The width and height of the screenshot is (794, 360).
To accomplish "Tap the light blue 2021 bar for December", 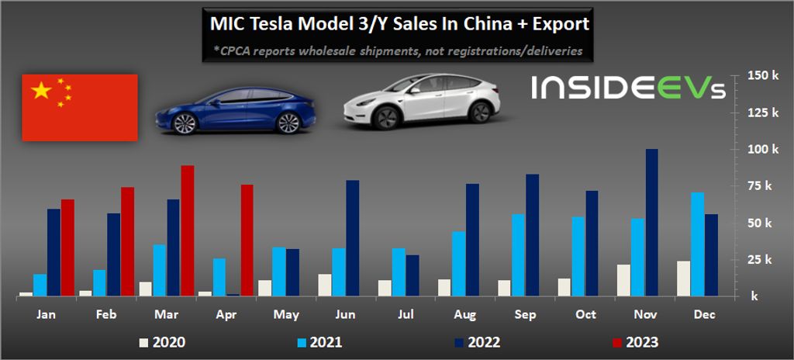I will click(x=697, y=244).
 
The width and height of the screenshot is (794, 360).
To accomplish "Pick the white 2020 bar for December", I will click(x=683, y=279).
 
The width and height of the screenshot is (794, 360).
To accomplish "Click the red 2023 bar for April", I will click(x=247, y=240).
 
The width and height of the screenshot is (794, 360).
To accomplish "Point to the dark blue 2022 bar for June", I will click(x=353, y=237).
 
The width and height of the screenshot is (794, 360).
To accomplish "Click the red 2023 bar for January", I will click(x=68, y=247).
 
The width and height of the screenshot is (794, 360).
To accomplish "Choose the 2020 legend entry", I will click(x=162, y=341).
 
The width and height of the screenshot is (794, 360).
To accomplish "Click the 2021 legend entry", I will click(x=319, y=341).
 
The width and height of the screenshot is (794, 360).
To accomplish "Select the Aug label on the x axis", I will click(x=466, y=315).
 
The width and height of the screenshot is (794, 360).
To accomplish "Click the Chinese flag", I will click(x=80, y=107).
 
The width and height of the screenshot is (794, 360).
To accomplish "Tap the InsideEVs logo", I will click(x=629, y=88).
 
